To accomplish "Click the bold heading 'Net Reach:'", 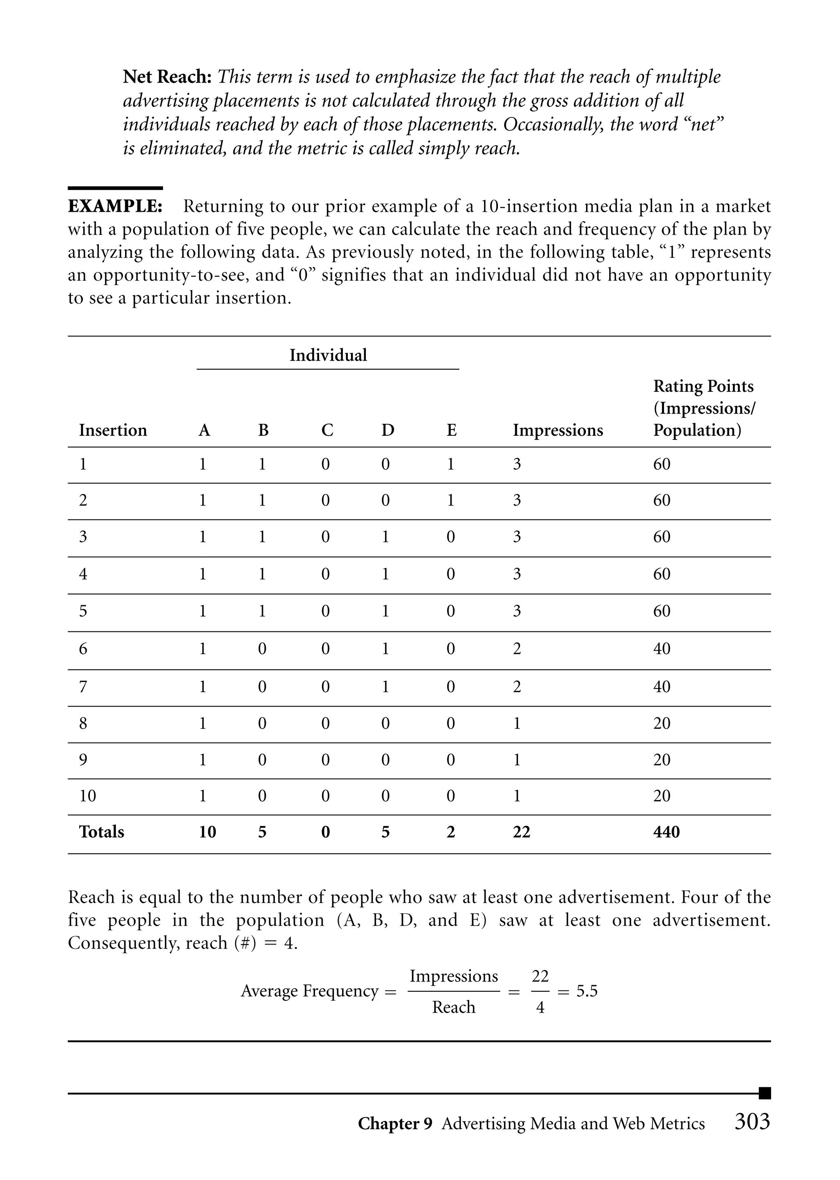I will (x=167, y=77).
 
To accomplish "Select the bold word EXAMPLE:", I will (x=115, y=206).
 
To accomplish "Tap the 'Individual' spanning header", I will (x=328, y=355).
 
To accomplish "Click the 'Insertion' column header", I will (x=113, y=430).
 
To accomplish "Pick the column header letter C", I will (x=327, y=430).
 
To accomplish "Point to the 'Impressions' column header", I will (x=557, y=430).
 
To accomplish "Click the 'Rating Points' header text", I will (x=703, y=386).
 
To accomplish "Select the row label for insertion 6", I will (x=83, y=649).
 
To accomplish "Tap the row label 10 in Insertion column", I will (x=87, y=796).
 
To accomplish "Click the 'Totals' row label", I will (x=101, y=832).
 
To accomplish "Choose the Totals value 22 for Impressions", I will (x=521, y=832).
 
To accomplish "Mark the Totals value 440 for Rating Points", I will (x=666, y=832).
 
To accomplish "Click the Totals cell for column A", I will (x=208, y=832).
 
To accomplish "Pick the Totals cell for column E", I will (x=450, y=832).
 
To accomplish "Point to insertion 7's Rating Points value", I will (x=662, y=686).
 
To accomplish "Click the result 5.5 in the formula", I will (x=587, y=991).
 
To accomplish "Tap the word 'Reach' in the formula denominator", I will (x=454, y=1007).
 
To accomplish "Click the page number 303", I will (x=753, y=1122).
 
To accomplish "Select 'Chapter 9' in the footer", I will (x=395, y=1124).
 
